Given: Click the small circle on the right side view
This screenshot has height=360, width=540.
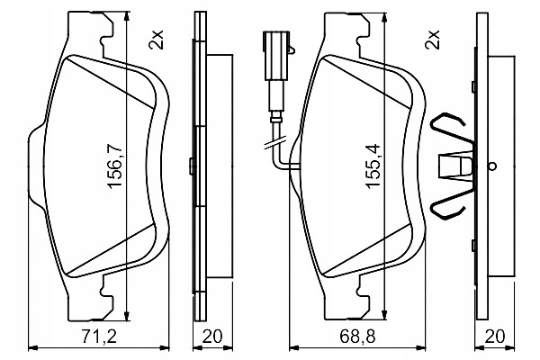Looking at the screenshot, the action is coord(493,166).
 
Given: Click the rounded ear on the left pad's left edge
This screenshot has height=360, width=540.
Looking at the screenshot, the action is coord(35,162).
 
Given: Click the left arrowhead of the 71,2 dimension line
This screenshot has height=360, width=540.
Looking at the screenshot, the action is coord(32,346).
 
